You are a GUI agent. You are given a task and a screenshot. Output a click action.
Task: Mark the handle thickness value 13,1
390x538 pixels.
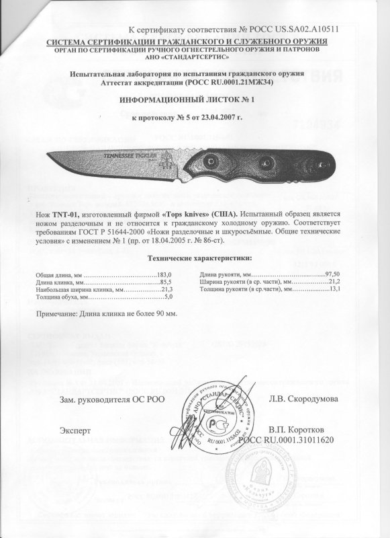[335, 289]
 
